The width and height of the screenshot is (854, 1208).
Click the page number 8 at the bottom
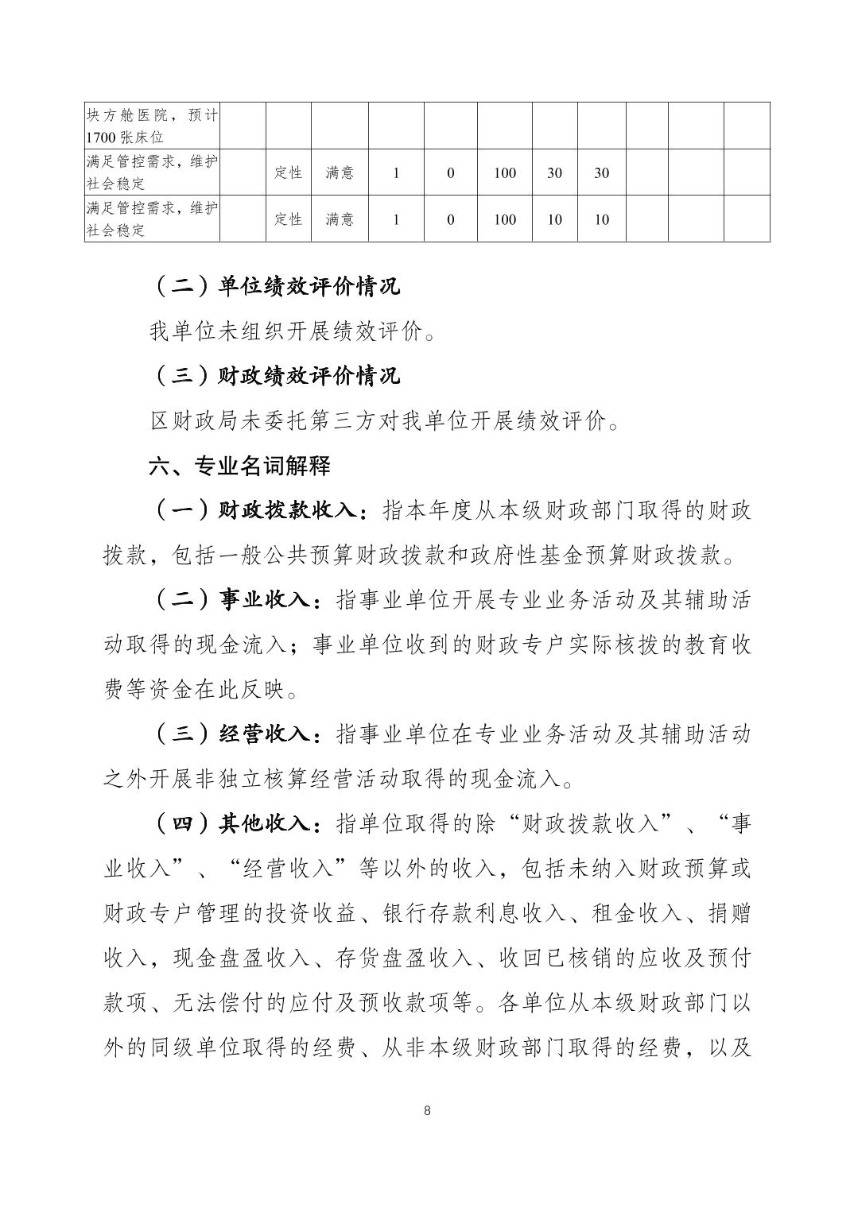pos(427,1110)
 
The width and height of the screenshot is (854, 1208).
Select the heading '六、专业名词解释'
pos(239,466)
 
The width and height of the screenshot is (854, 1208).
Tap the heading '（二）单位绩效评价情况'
pos(275,286)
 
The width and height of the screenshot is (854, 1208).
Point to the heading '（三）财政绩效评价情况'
pos(275,376)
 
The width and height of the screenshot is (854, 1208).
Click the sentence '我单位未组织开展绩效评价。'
pos(292,331)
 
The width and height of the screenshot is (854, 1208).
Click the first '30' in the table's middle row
pos(554,172)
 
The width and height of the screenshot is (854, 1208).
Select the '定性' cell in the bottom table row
pos(288,219)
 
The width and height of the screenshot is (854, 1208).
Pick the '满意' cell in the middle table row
pos(340,172)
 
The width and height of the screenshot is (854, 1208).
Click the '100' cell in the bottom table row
pos(505,219)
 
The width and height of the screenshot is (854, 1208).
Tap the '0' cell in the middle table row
pos(450,172)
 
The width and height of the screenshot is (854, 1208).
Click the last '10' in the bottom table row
pos(601,219)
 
